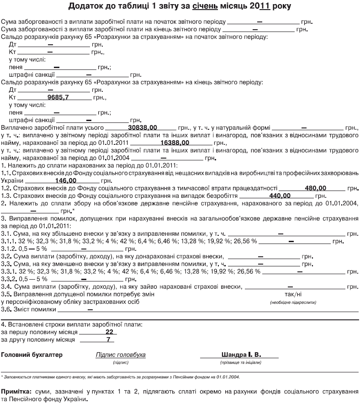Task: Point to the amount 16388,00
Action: click(x=175, y=143)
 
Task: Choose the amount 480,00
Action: click(x=316, y=188)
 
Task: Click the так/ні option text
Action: click(x=292, y=294)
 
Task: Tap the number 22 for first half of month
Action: click(x=109, y=332)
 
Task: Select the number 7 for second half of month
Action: click(x=108, y=339)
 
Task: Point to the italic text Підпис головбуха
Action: click(x=121, y=355)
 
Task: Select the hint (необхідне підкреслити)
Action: click(x=292, y=302)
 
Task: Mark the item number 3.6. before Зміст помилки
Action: click(x=7, y=309)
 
